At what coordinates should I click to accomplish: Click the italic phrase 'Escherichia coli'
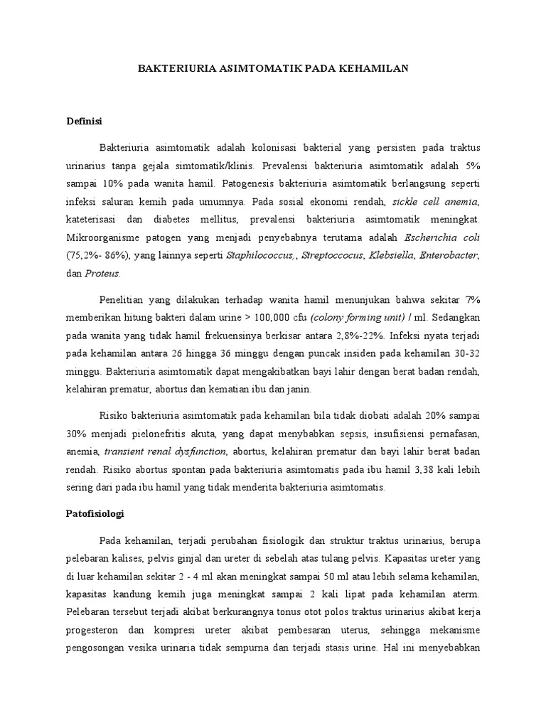pos(442,236)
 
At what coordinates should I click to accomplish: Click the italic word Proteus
pos(103,273)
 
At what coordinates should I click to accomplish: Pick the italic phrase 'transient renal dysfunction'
pos(165,451)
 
